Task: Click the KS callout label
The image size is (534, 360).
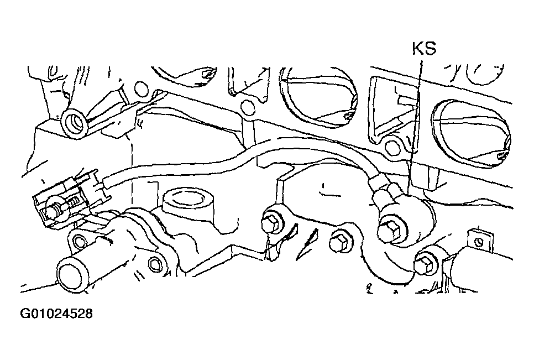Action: (424, 49)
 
